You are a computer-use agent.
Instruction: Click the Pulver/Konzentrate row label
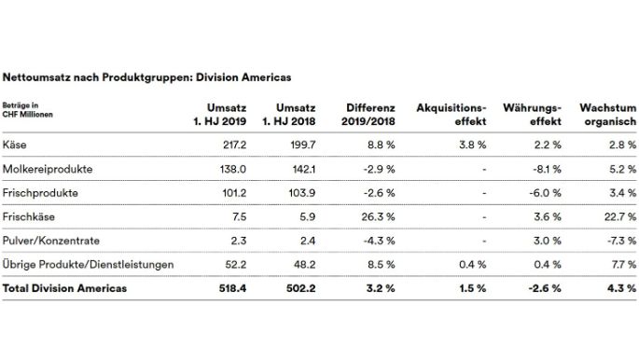click(x=49, y=241)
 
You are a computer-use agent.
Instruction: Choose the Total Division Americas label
click(x=65, y=288)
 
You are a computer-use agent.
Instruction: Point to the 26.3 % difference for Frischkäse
click(x=379, y=216)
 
